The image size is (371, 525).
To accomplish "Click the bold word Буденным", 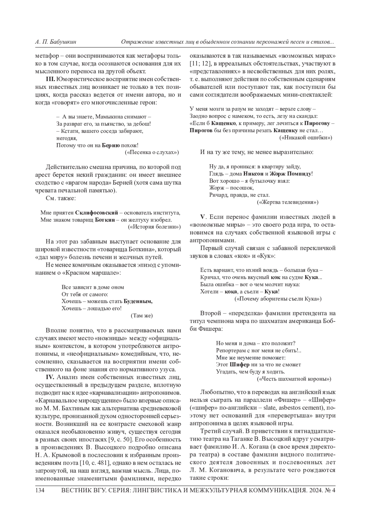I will click(x=138, y=301).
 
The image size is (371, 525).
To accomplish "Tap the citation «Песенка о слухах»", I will click(x=152, y=152).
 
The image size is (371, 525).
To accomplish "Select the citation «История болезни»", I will click(x=154, y=227).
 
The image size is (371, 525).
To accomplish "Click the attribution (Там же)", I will click(x=142, y=316).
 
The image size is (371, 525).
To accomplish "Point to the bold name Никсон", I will click(x=254, y=174).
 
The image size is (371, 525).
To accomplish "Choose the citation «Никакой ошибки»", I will click(x=306, y=138).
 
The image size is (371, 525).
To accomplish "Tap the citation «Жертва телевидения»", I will click(x=288, y=202).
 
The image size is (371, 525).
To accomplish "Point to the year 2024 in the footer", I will click(x=314, y=491).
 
